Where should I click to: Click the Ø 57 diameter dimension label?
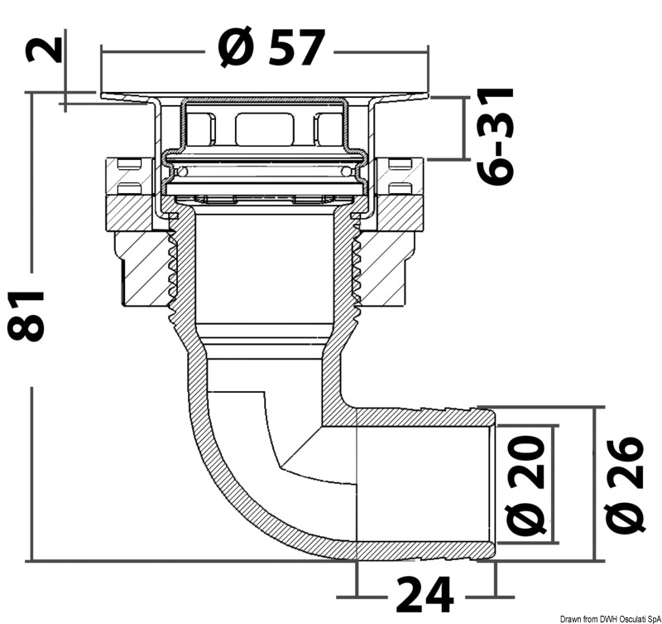(x=271, y=47)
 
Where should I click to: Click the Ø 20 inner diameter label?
(x=525, y=485)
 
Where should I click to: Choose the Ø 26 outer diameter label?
(x=625, y=485)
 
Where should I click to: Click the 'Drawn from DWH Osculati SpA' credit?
(x=611, y=619)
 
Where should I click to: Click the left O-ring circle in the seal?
(x=183, y=172)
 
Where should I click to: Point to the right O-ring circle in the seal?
(x=346, y=172)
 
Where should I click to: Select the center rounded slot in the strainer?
(x=264, y=129)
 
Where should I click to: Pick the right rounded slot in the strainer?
(x=328, y=129)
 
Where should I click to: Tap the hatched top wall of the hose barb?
(x=425, y=418)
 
